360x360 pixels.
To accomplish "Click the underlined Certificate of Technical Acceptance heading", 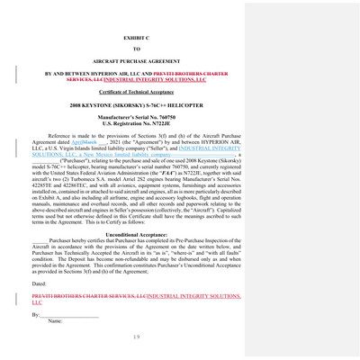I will [138, 93].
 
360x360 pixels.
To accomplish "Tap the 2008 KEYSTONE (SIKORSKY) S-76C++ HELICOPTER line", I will [138, 106].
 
